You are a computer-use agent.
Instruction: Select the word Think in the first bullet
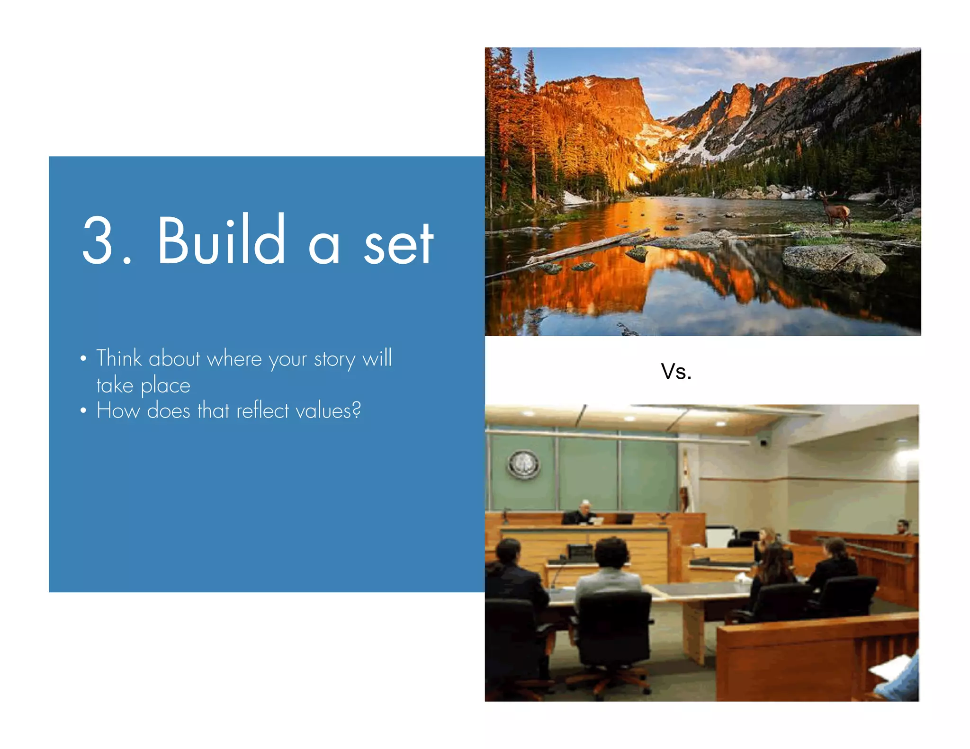119,358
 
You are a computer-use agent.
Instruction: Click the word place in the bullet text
165,386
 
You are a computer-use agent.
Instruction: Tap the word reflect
262,410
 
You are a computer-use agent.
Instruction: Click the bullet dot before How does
83,410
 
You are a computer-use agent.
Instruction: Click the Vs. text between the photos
676,372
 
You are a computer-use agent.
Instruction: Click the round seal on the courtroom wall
523,464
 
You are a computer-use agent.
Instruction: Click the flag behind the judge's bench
684,483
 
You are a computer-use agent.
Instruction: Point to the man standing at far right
903,526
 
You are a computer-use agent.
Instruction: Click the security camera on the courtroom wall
763,442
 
